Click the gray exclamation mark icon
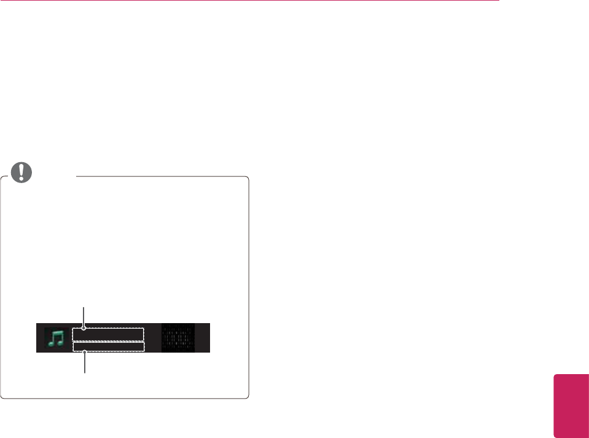coord(23,172)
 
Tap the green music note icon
coord(56,337)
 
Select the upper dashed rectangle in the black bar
coord(108,334)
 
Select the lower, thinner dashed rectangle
coord(108,347)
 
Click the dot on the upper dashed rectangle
coord(84,328)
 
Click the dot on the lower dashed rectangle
coord(84,352)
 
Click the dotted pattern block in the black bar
coord(177,337)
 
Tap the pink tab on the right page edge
coord(571,403)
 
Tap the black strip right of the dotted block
coord(202,337)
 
